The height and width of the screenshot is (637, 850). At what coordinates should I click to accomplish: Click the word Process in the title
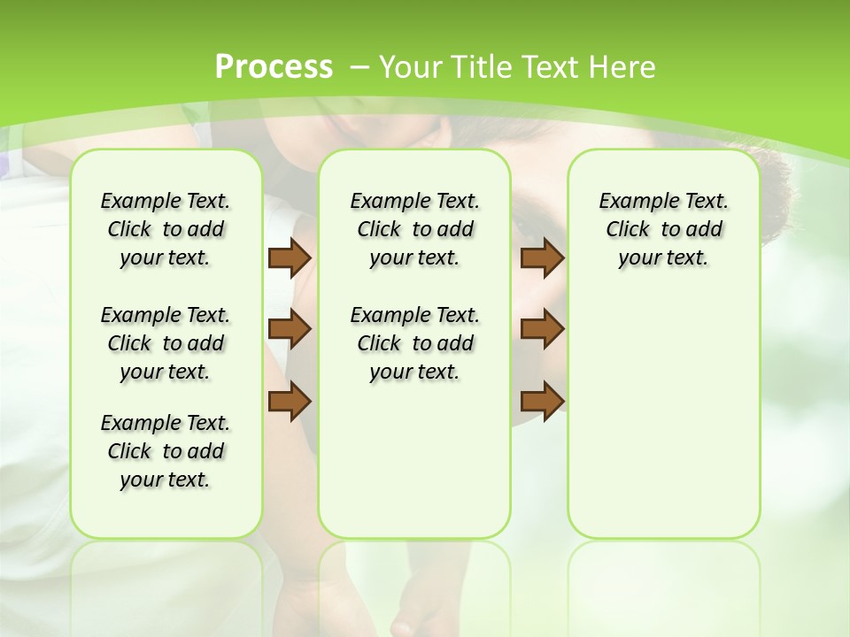click(x=274, y=66)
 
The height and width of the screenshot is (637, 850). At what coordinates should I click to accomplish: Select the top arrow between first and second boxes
click(x=289, y=257)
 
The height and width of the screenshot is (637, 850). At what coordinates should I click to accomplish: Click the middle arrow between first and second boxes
click(x=289, y=329)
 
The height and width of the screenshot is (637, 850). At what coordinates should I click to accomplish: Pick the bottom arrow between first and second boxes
click(x=289, y=401)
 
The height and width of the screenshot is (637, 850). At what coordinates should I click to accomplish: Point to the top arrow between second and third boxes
click(x=542, y=257)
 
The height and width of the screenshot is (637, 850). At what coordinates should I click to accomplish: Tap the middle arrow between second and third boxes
click(x=542, y=329)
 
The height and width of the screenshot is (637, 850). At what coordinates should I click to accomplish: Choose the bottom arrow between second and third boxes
click(x=542, y=401)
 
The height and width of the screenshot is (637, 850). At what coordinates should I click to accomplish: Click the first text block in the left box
click(x=166, y=229)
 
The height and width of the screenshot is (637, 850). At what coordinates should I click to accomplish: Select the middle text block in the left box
click(x=166, y=343)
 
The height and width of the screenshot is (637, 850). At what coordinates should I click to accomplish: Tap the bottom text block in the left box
click(x=166, y=451)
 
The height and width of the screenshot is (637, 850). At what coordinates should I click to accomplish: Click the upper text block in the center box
click(x=415, y=229)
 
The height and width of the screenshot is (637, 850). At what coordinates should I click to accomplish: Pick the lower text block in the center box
click(x=415, y=343)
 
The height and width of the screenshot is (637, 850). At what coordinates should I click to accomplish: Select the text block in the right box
click(x=664, y=229)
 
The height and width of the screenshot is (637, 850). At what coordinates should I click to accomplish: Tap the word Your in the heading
click(x=412, y=66)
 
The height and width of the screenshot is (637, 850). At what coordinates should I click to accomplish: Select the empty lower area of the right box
click(x=664, y=407)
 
